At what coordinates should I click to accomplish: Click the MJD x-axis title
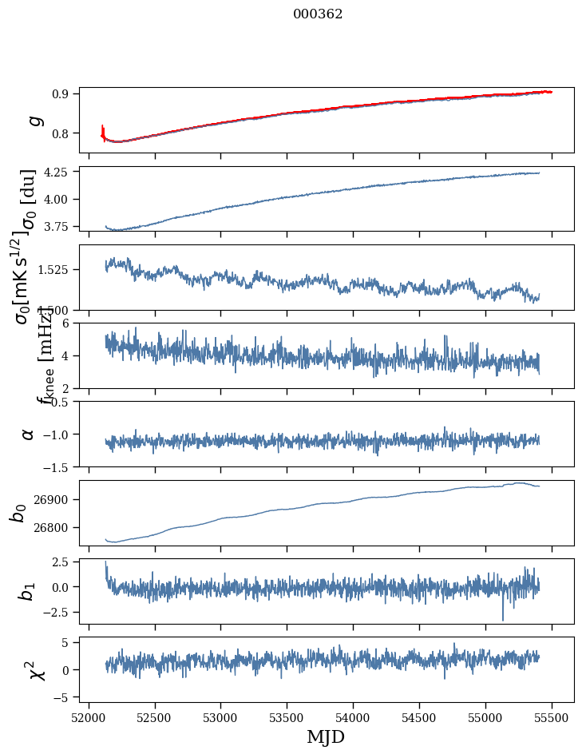(x=326, y=736)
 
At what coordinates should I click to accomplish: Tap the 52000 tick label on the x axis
(x=89, y=718)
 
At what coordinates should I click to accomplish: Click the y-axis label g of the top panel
(x=33, y=120)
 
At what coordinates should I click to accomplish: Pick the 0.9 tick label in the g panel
(x=65, y=93)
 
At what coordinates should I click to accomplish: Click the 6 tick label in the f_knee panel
(x=70, y=323)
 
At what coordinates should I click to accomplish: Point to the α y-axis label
(x=28, y=434)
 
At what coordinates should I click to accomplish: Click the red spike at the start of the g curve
(x=103, y=129)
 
